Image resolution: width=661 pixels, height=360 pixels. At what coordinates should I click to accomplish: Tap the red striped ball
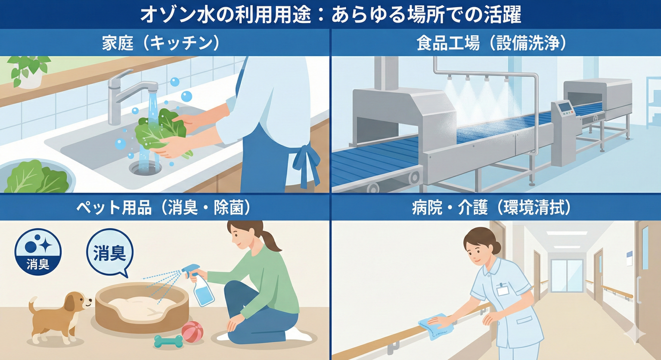(x=192, y=331)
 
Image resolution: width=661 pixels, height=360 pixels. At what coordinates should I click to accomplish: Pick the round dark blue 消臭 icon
(x=38, y=254)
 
